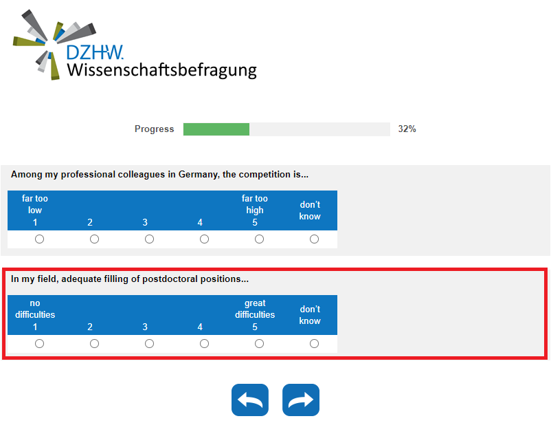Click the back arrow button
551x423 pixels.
(x=250, y=400)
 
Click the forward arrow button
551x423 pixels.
(x=301, y=400)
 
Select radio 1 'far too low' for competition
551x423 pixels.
(x=39, y=239)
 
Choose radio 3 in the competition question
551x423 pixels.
(x=149, y=239)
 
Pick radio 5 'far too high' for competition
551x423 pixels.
(x=259, y=239)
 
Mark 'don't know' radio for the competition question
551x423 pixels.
(x=314, y=239)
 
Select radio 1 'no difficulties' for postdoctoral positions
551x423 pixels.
(x=39, y=343)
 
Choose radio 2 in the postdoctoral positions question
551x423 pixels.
(x=94, y=343)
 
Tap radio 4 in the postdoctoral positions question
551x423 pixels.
(x=204, y=343)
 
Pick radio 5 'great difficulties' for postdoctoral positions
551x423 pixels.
(x=259, y=343)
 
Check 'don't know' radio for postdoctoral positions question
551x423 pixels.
(x=314, y=343)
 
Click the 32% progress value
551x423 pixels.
(x=407, y=129)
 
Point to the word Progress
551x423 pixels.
(x=155, y=129)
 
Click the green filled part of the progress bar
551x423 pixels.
(x=216, y=129)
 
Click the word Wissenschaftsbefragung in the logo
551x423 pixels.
(x=161, y=69)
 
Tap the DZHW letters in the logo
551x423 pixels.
(x=95, y=52)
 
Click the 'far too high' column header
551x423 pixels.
(x=255, y=204)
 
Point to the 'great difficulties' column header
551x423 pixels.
(x=255, y=309)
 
